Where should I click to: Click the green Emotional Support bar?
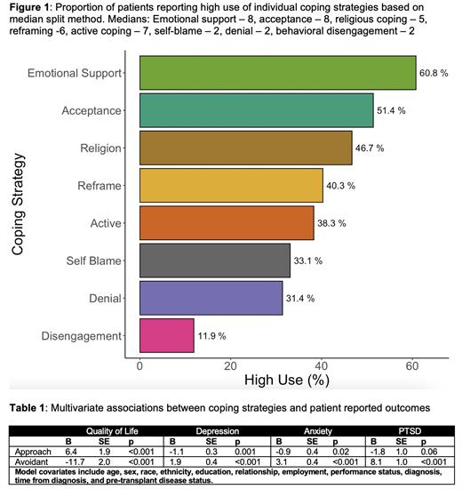coord(277,73)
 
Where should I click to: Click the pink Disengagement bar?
coord(166,335)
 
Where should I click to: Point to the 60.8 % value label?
coord(435,73)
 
